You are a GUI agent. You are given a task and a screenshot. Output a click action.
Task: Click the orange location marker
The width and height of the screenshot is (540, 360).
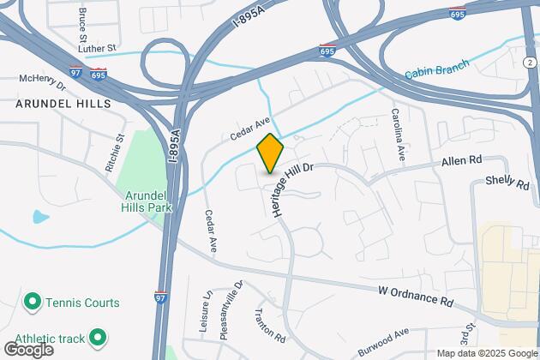(270, 153)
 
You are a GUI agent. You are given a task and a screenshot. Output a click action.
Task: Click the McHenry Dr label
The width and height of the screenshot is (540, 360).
(42, 81)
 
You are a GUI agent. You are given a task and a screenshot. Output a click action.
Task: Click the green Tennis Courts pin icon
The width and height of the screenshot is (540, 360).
(33, 302)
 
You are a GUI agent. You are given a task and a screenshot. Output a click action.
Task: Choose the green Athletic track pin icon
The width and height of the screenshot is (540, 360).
(97, 337)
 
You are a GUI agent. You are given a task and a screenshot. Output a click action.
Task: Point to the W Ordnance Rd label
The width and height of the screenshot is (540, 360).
(415, 296)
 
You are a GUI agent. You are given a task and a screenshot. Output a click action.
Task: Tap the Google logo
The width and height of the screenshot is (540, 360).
(28, 349)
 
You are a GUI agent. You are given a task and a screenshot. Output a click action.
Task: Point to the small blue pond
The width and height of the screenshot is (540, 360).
(40, 217)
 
